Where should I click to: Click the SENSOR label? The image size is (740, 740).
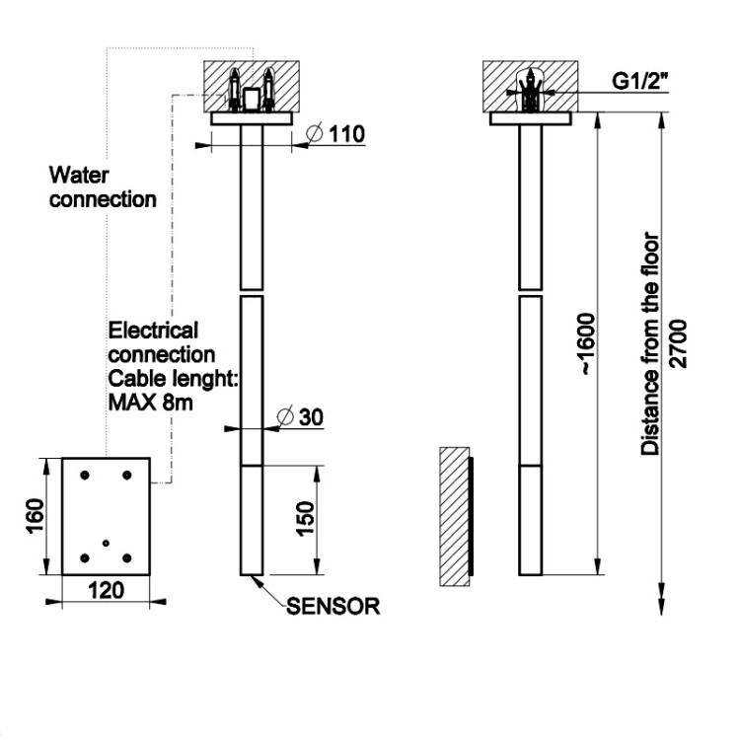tap(333, 607)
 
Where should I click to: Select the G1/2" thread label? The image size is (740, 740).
tap(636, 81)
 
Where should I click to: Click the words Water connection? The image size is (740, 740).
tap(103, 187)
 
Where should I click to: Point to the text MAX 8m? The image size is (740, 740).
tap(150, 403)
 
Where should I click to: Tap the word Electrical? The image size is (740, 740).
tap(152, 330)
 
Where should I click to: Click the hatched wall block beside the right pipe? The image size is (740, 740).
tap(454, 515)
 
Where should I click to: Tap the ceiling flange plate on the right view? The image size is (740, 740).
tap(531, 118)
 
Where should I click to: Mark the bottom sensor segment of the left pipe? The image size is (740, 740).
tap(252, 520)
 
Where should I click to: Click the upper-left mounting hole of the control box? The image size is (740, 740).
tap(85, 475)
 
